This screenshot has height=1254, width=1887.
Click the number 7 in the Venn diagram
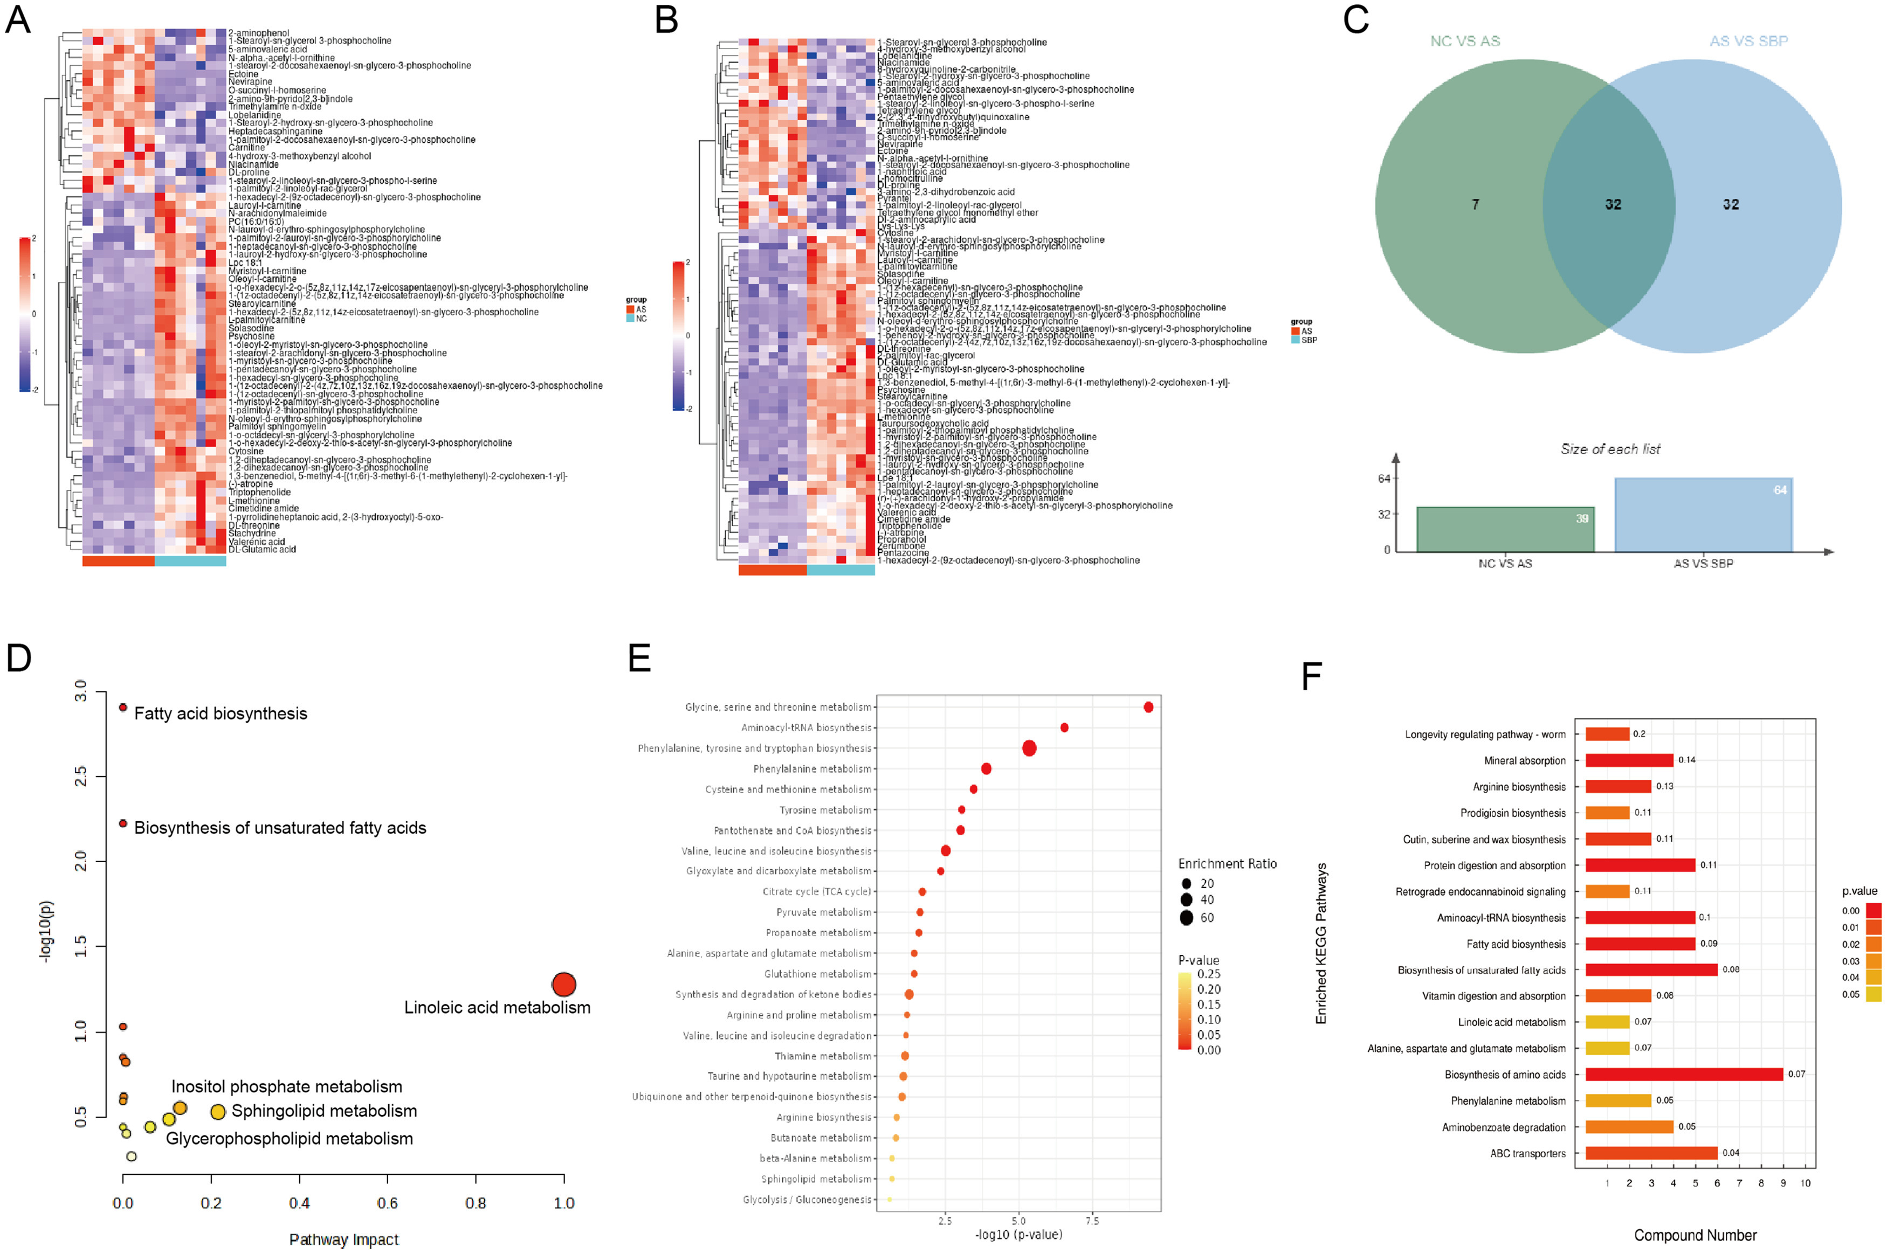pyautogui.click(x=1475, y=205)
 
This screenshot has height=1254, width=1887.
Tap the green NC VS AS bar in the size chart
pyautogui.click(x=1505, y=529)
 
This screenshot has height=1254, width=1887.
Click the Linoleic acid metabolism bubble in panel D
pyautogui.click(x=564, y=985)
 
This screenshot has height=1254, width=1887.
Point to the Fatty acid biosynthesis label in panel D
pyautogui.click(x=220, y=713)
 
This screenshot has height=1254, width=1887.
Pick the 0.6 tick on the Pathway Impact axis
pyautogui.click(x=387, y=1203)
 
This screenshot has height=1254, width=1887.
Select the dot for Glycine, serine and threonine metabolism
pyautogui.click(x=1148, y=707)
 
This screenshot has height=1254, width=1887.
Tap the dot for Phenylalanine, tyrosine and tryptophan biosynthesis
pyautogui.click(x=1029, y=749)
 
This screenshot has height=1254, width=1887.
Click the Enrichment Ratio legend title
pyautogui.click(x=1227, y=864)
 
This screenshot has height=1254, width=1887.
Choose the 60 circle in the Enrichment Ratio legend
pyautogui.click(x=1186, y=918)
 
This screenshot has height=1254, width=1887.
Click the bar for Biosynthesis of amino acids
pyautogui.click(x=1684, y=1074)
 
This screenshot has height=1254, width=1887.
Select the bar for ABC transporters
pyautogui.click(x=1651, y=1153)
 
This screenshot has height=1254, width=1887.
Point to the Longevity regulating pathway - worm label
pyautogui.click(x=1485, y=734)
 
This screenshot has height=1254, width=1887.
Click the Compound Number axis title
pyautogui.click(x=1695, y=1236)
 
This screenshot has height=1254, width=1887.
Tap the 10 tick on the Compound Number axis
pyautogui.click(x=1806, y=1183)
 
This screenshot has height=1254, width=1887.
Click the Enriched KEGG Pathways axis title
pyautogui.click(x=1321, y=943)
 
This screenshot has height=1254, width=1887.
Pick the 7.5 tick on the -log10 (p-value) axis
pyautogui.click(x=1092, y=1221)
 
